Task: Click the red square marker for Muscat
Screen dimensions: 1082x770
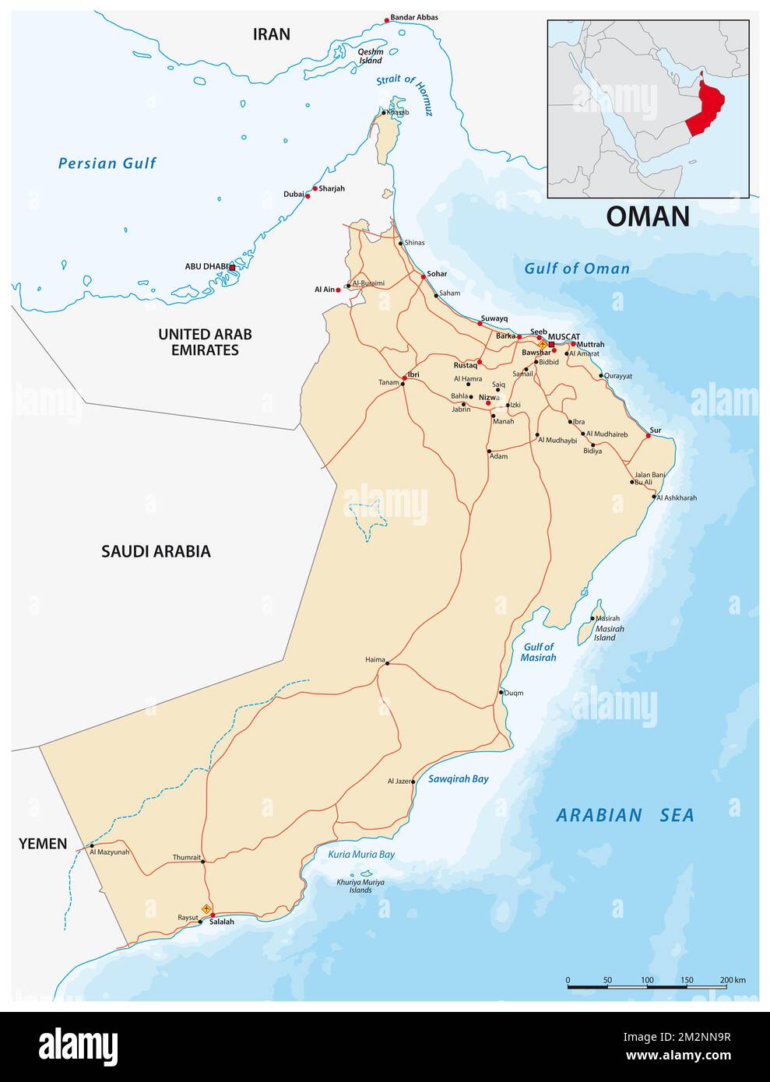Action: (551, 343)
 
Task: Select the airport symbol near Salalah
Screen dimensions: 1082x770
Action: (206, 908)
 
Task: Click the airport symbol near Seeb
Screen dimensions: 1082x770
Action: (543, 343)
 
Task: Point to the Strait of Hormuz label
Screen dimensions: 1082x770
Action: (404, 94)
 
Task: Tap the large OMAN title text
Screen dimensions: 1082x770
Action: (648, 216)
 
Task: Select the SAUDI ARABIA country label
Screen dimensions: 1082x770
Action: (156, 551)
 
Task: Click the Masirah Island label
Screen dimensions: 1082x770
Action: (609, 633)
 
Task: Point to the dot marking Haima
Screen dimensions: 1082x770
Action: (387, 664)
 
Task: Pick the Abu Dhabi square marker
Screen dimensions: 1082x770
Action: (232, 267)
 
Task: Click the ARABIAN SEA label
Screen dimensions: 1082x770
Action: (624, 815)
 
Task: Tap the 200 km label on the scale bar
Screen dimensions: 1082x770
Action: (733, 979)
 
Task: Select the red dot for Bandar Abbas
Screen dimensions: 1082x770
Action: (387, 19)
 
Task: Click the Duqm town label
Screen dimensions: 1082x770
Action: (514, 692)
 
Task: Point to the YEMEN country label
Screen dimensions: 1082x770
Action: (43, 844)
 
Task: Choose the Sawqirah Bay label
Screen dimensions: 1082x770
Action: (459, 778)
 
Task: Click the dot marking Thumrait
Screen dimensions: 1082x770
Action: (202, 862)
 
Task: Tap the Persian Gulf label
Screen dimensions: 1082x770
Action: (107, 163)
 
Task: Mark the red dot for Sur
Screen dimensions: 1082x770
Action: (648, 436)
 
